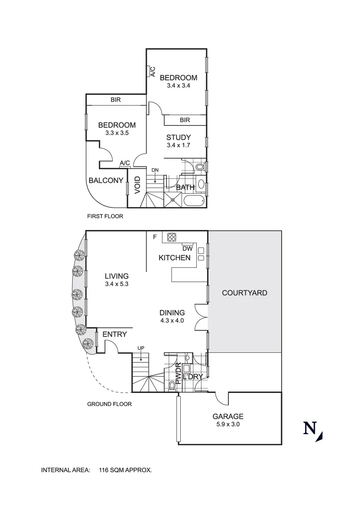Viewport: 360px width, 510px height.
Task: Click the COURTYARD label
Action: [x=244, y=293]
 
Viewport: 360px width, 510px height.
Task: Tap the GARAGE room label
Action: [x=228, y=416]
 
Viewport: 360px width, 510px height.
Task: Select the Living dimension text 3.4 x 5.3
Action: [x=117, y=284]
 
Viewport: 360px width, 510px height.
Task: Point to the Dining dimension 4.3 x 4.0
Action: [x=172, y=321]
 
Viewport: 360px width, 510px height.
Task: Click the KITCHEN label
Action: [x=175, y=257]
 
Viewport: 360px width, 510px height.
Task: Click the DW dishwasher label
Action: [x=186, y=248]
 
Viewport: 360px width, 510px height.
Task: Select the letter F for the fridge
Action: [x=154, y=237]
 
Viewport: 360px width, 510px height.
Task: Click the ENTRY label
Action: [x=115, y=334]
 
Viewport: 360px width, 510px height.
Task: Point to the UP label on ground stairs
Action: [x=141, y=348]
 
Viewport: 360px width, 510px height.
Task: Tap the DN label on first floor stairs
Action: [x=155, y=170]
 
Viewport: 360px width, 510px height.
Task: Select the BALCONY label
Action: [x=106, y=180]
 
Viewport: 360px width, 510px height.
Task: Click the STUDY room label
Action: [x=178, y=137]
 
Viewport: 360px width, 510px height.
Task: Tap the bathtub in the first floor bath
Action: [x=193, y=201]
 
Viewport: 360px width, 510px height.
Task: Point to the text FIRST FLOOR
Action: [x=105, y=217]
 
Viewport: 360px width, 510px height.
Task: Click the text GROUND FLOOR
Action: [x=109, y=404]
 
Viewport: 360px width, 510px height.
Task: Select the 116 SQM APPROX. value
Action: [x=126, y=470]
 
